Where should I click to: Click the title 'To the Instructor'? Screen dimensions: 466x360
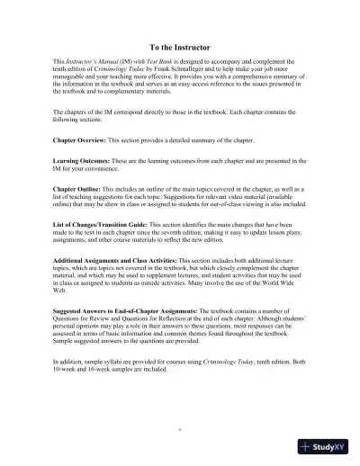(x=179, y=45)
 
